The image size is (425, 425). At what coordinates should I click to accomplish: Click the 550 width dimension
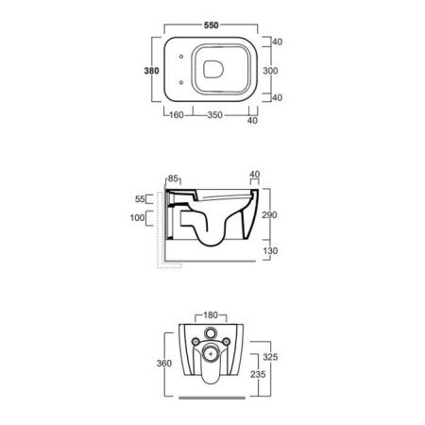pos(211,25)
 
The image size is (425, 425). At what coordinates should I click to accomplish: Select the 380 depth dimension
pos(151,71)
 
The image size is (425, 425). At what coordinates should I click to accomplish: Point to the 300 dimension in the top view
pos(270,71)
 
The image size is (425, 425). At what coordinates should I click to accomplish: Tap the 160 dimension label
pos(177,115)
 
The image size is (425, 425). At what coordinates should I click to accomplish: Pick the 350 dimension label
pos(215,115)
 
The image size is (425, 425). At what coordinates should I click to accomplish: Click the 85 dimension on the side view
pos(173,178)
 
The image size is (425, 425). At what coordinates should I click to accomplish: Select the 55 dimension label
pos(140,199)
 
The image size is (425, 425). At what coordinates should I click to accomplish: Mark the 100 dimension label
pos(137,217)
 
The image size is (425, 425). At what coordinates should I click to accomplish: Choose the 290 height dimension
pos(269,215)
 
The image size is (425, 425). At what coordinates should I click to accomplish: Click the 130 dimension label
pos(270,251)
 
